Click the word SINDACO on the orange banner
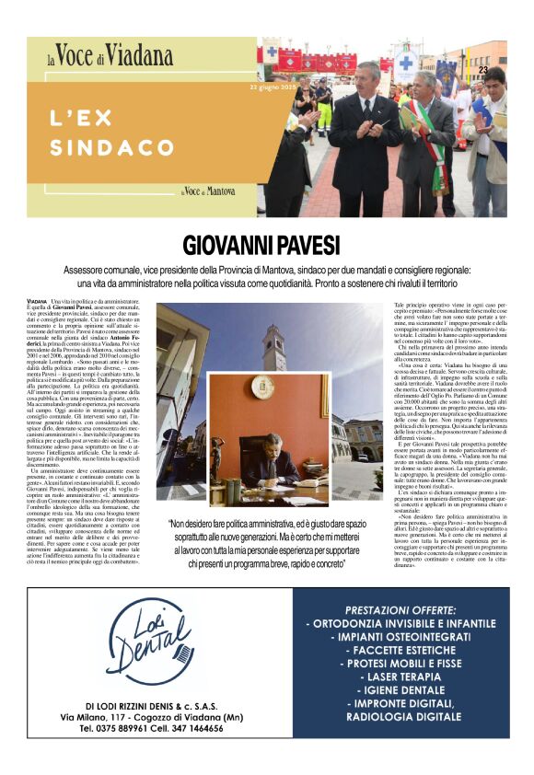click(125, 146)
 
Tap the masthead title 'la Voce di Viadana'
click(100, 58)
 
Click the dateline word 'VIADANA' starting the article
click(37, 302)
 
